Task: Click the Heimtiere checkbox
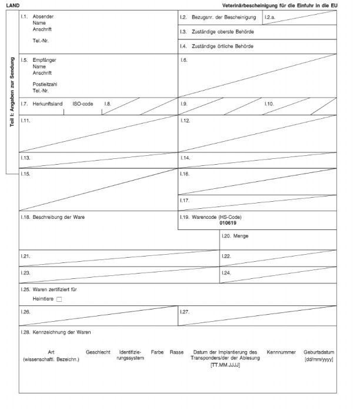(59, 300)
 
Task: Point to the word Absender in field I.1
(42, 16)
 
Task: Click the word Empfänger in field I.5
(45, 60)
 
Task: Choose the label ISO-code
(83, 104)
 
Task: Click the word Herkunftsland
(48, 104)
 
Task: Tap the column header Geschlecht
(98, 352)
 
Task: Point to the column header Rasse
(176, 352)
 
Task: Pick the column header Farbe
(157, 352)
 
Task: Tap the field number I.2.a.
(271, 18)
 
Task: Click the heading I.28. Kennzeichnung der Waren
(57, 332)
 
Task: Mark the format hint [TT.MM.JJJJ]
(225, 365)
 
